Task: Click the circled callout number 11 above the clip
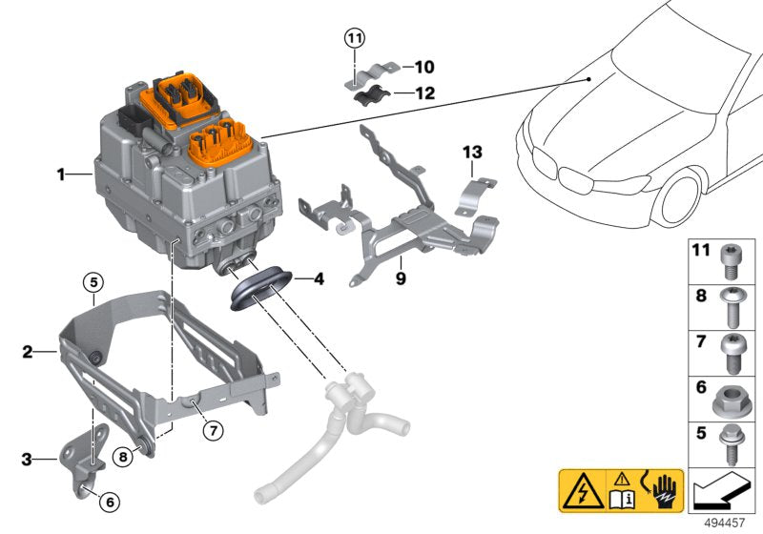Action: click(x=355, y=38)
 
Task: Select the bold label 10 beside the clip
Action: click(x=423, y=67)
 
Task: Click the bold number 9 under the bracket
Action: click(x=402, y=277)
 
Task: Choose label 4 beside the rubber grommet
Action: click(x=319, y=279)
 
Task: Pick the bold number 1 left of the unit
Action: click(x=60, y=175)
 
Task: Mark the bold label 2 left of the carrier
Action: click(x=28, y=352)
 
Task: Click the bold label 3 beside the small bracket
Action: click(x=28, y=460)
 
